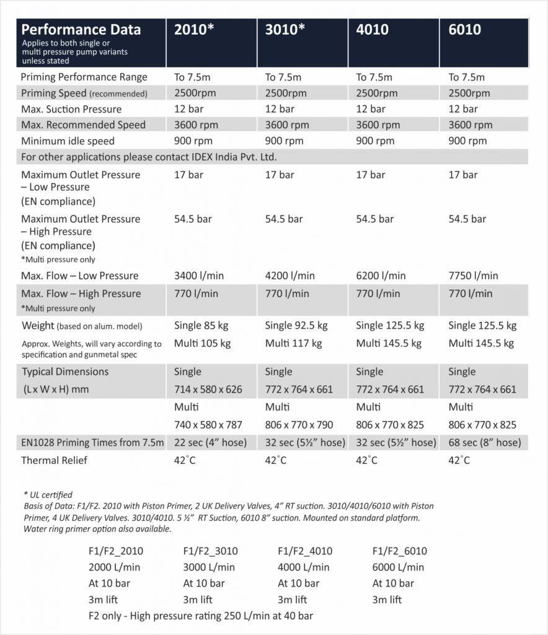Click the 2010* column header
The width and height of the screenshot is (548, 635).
[x=194, y=30]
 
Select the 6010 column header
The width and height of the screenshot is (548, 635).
[x=464, y=30]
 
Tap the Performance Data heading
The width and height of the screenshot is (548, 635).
[x=81, y=30]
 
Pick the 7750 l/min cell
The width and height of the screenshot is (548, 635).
[x=473, y=275]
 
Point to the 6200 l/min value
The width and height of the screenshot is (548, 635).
[x=381, y=275]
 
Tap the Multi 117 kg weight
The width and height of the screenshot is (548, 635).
[x=294, y=343]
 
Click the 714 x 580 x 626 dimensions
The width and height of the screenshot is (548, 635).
[x=208, y=389]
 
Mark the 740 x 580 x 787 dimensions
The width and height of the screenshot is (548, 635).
[x=208, y=425]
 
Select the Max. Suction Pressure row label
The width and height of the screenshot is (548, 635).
[x=71, y=109]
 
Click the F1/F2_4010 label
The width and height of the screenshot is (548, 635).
[x=306, y=551]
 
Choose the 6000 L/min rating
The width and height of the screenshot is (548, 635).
[x=398, y=567]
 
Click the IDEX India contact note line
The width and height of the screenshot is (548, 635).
[x=149, y=157]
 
